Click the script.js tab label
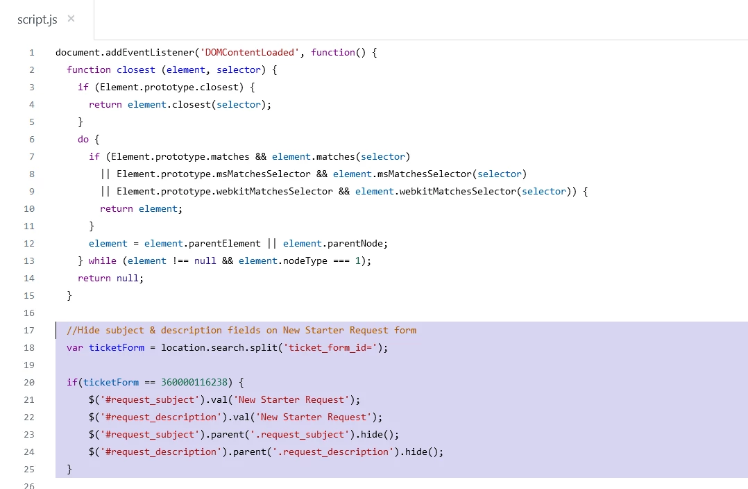coord(37,19)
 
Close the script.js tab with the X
coord(71,19)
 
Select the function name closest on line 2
coord(136,69)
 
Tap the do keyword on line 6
coord(83,139)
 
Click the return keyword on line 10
coord(117,208)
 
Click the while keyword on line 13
coord(103,260)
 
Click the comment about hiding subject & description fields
coord(241,330)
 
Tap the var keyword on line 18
coord(75,347)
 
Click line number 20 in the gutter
coord(29,382)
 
